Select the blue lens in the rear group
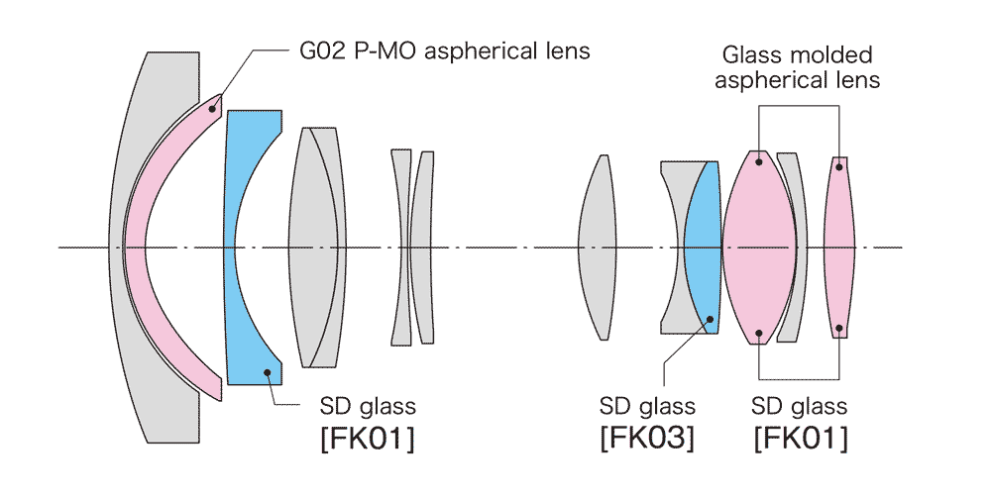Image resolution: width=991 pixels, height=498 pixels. pyautogui.click(x=703, y=248)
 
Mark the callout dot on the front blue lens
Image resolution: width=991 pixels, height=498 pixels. pyautogui.click(x=268, y=370)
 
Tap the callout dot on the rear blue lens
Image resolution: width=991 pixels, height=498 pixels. pyautogui.click(x=710, y=319)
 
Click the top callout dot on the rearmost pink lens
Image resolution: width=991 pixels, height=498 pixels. pyautogui.click(x=839, y=166)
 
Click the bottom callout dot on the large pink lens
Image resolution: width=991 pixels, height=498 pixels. pyautogui.click(x=759, y=333)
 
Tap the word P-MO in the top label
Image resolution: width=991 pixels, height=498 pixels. pyautogui.click(x=366, y=50)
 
